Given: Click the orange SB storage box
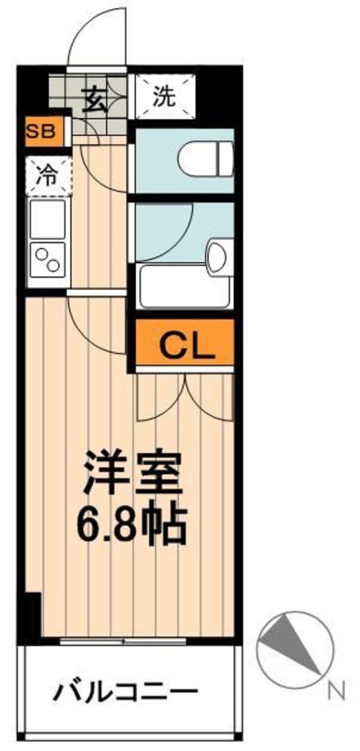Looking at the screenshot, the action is coord(44,131).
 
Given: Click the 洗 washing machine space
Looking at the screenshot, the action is coord(164,96).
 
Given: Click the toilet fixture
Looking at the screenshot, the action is coord(205,157).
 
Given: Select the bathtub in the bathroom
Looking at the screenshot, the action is coord(186,286).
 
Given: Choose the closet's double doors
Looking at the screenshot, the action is coord(185,396).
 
